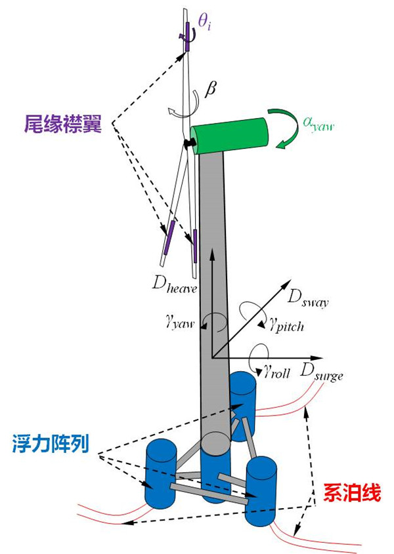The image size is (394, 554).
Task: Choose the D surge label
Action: (322, 370)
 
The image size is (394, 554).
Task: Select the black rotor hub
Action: (188, 142)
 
